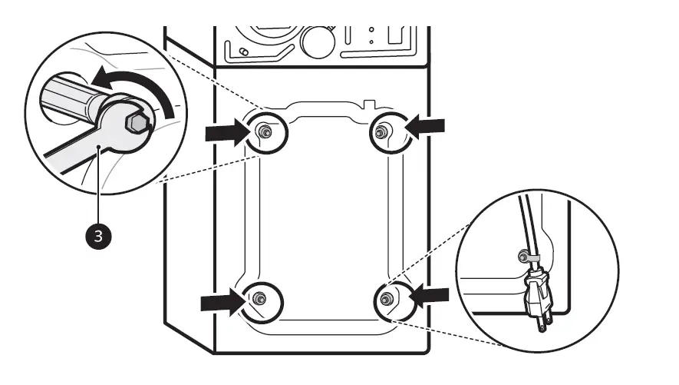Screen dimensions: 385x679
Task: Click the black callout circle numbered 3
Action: click(97, 236)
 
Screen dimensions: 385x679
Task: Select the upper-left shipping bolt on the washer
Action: click(264, 133)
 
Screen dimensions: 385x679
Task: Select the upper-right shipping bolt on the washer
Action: click(379, 133)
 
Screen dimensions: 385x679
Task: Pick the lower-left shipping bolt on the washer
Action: click(259, 297)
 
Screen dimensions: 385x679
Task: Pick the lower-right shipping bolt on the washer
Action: click(386, 296)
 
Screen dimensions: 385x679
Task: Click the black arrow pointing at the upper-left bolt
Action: click(229, 134)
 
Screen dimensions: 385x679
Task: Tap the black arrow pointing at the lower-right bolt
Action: click(428, 294)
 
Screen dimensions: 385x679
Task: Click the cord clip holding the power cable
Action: click(529, 256)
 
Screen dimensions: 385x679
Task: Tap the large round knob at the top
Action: click(317, 38)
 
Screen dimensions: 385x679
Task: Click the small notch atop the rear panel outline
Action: click(370, 101)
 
